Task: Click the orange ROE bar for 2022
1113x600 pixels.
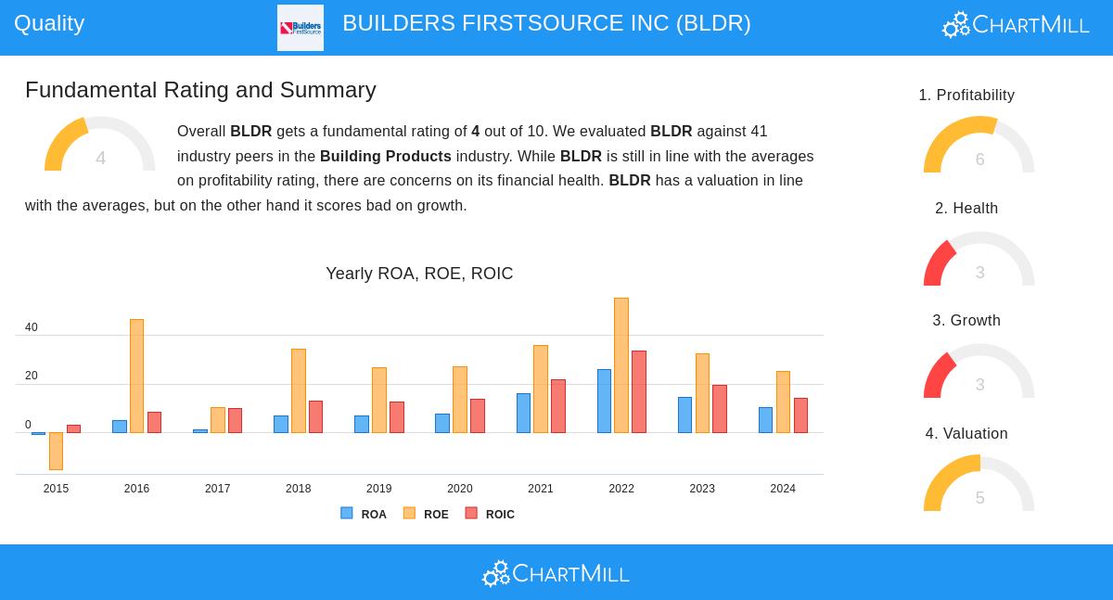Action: (x=621, y=365)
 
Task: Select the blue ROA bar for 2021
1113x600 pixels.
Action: (x=523, y=413)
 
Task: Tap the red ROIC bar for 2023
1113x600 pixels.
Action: (x=720, y=409)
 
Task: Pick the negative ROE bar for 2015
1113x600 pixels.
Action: (x=56, y=451)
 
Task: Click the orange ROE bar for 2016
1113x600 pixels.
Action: (x=136, y=376)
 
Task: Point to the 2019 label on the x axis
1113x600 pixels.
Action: (x=378, y=489)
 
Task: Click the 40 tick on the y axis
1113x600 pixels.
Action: (x=32, y=327)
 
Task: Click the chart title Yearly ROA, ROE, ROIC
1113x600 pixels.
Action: (x=419, y=274)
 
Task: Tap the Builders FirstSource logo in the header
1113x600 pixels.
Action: (x=301, y=28)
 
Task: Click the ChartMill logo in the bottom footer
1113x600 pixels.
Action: (x=556, y=574)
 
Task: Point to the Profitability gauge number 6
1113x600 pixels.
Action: (x=979, y=160)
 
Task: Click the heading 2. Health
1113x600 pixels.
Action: (x=966, y=209)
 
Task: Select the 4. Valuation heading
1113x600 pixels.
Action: (x=966, y=434)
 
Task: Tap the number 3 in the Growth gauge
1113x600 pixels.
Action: (x=979, y=385)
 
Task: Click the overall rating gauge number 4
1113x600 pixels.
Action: (x=100, y=159)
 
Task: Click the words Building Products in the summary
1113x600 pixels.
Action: (x=386, y=156)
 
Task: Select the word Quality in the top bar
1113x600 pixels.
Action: (x=49, y=23)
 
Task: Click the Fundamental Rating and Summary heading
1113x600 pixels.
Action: (x=200, y=90)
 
